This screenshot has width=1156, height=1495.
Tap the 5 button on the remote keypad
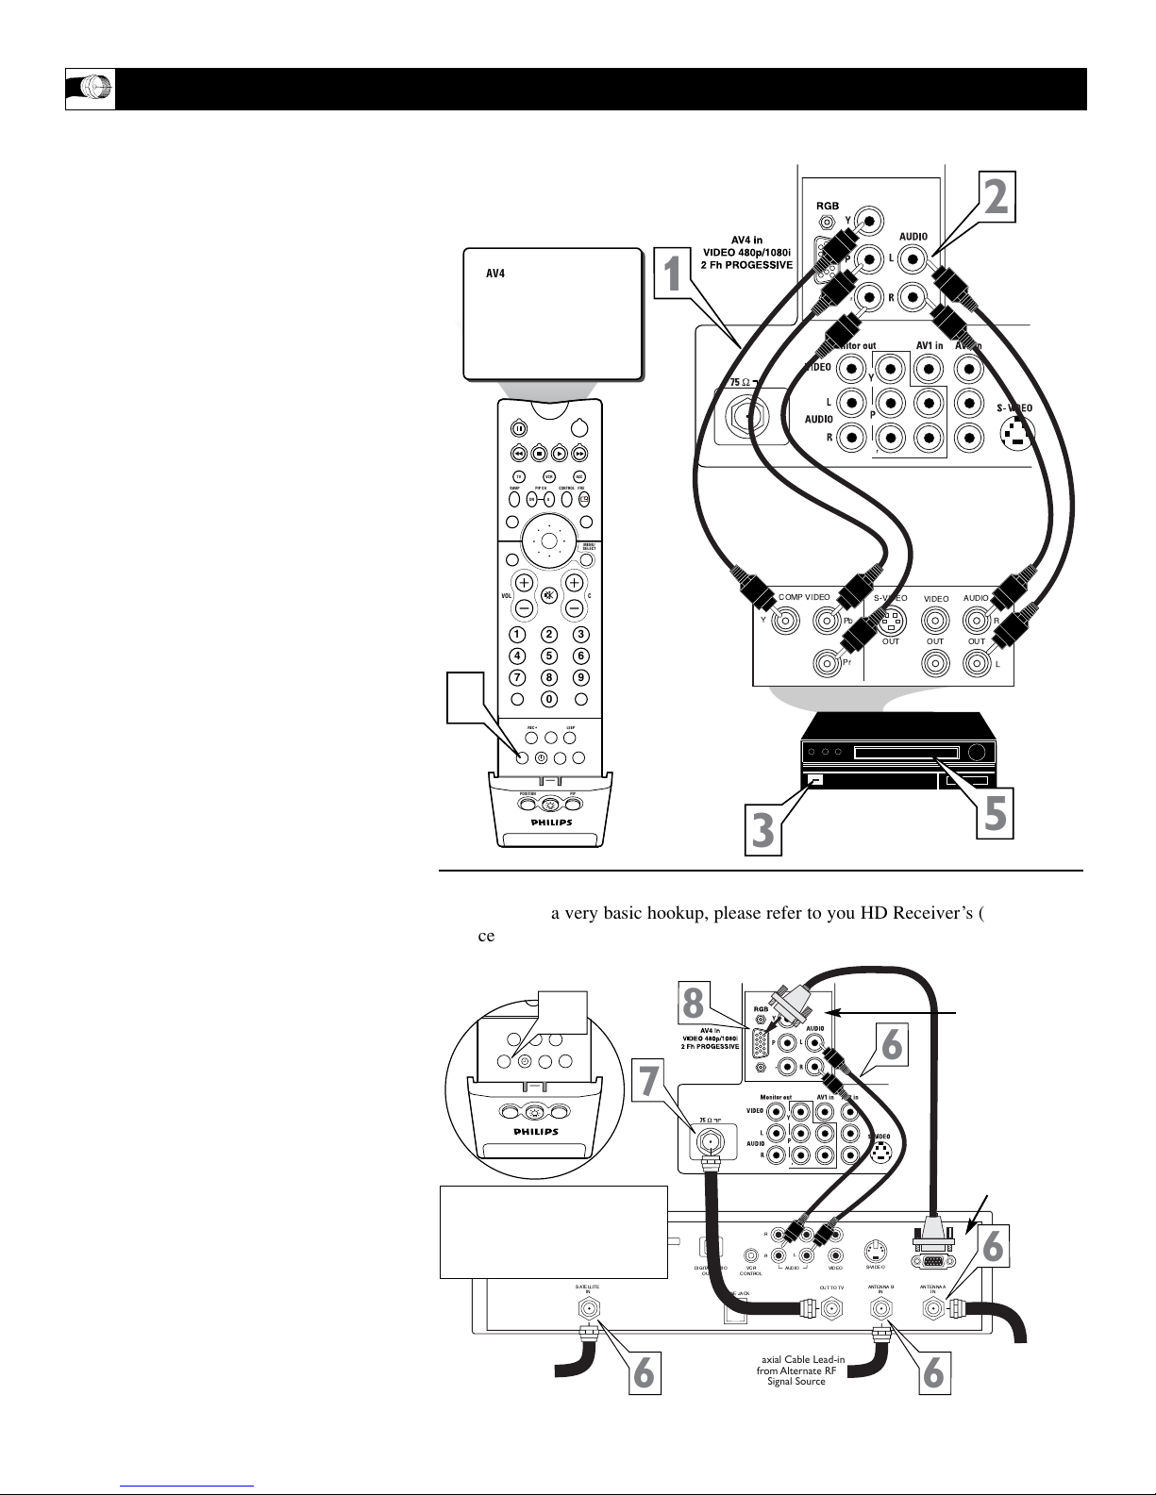(548, 656)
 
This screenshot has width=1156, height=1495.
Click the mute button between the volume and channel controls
(548, 596)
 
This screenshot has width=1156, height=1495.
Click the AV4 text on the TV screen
(496, 274)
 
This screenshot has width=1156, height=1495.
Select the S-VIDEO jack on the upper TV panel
(1014, 433)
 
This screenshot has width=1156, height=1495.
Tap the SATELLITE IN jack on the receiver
(588, 1309)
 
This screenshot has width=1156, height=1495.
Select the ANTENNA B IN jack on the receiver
(881, 1309)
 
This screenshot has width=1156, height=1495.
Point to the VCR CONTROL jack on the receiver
(750, 1255)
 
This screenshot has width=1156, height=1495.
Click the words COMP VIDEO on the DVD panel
(804, 597)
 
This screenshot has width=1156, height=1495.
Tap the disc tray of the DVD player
(905, 753)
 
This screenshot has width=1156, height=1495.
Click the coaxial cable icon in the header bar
(91, 89)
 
